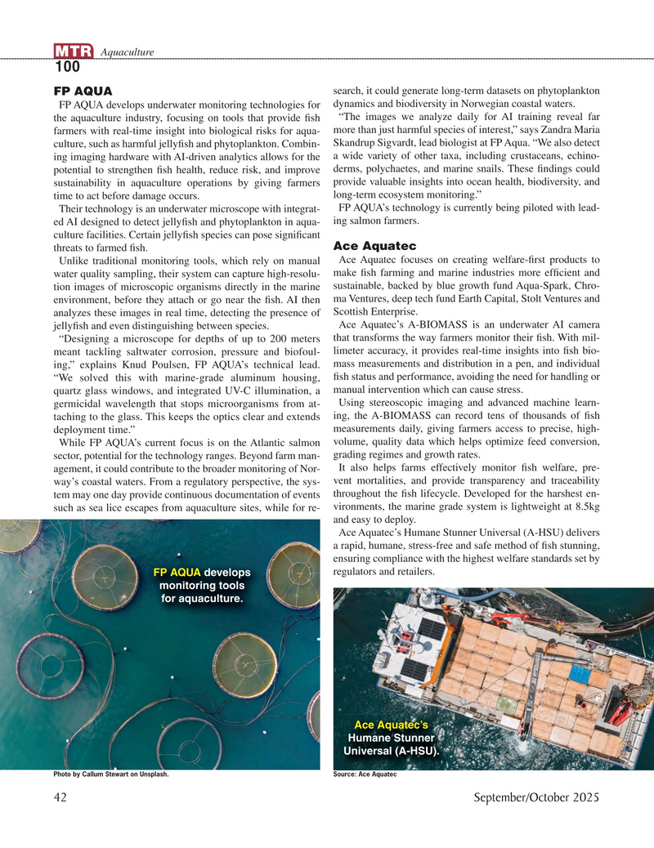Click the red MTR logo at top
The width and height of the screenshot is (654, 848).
[74, 53]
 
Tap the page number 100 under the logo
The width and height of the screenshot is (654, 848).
[67, 68]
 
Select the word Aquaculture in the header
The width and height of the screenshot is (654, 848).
[127, 53]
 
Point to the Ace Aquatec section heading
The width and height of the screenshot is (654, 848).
[375, 246]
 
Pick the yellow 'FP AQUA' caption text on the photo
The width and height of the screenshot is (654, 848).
[177, 571]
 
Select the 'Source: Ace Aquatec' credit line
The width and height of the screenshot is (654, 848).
[365, 775]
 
